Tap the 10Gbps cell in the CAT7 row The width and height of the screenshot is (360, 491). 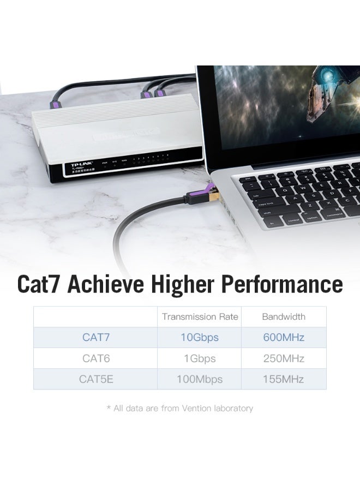(200, 337)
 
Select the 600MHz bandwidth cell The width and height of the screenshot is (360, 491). (284, 337)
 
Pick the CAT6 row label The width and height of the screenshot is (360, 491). (96, 358)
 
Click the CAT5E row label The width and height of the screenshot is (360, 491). (96, 379)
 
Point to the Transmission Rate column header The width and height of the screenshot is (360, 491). (200, 316)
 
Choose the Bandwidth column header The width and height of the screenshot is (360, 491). (284, 316)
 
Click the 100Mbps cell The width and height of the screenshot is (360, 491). (200, 379)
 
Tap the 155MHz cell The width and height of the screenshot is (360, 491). (284, 379)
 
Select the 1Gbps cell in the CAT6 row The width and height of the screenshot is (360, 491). (200, 358)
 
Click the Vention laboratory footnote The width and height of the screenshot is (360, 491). (180, 408)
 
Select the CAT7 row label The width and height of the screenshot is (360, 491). (96, 337)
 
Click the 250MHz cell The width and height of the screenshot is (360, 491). (284, 358)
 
